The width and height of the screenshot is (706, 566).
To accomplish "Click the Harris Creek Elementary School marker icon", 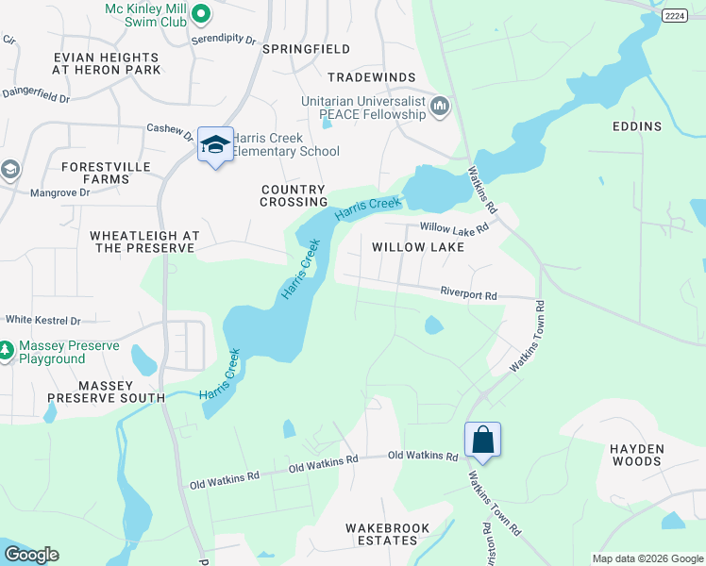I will tap(215, 145).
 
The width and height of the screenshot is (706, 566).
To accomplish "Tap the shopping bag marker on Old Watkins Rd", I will tap(481, 440).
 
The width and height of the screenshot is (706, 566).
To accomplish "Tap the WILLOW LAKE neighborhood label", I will tap(417, 247).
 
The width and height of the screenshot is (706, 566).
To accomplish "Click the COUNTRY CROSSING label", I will tap(294, 195).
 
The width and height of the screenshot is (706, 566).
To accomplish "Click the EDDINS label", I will tap(636, 126).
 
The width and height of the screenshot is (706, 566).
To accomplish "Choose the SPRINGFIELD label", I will tap(306, 48).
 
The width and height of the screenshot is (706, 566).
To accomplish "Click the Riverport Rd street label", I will tap(468, 294).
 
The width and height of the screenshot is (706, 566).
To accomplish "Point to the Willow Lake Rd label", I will tap(454, 227).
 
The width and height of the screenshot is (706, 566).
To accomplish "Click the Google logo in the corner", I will tap(30, 555).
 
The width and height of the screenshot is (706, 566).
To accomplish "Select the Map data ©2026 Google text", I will tap(647, 558).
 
